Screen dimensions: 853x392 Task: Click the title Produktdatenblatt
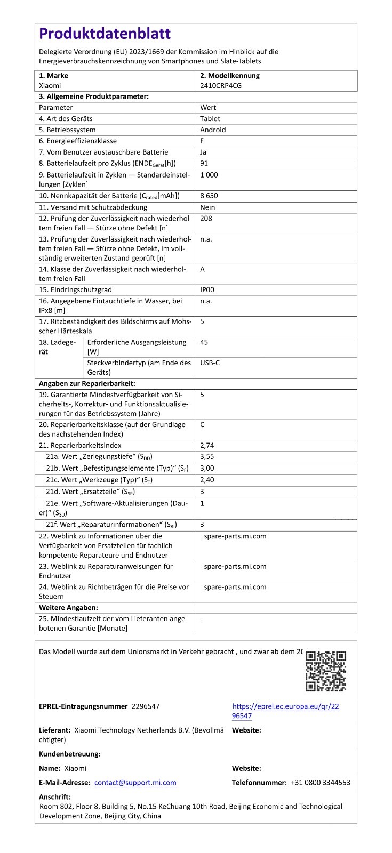coord(105,34)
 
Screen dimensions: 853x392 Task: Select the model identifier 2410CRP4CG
coord(221,85)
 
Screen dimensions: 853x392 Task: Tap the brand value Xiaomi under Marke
coord(50,85)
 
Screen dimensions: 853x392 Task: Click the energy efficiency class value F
coord(202,141)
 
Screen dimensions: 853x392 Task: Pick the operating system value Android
coord(213,130)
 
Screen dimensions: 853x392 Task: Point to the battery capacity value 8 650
coord(209,196)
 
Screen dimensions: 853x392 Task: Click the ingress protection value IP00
coord(207,290)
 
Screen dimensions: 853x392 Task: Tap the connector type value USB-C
coord(210,363)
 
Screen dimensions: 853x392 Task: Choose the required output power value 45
coord(204,342)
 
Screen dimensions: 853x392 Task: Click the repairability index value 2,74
coord(207,445)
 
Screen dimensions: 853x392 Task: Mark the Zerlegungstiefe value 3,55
coord(207,457)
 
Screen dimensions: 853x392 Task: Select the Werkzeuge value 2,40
coord(207,480)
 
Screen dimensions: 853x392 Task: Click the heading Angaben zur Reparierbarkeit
coord(87,384)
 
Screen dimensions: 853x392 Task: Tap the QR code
coord(326,671)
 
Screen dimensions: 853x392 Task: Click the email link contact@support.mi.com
coord(135,783)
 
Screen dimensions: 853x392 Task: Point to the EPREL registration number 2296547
coord(145,706)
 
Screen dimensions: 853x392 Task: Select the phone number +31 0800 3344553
coord(320,783)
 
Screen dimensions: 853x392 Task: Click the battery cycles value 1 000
coord(209,175)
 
